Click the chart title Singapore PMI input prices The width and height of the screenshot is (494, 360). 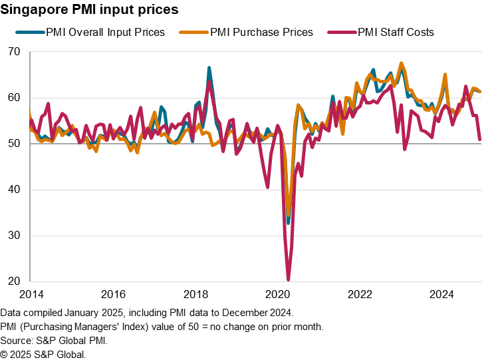[x=89, y=10]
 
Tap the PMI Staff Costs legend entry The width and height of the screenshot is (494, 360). [x=396, y=32]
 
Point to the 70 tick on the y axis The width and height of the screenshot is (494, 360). [x=15, y=52]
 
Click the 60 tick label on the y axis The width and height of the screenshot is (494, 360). [x=15, y=98]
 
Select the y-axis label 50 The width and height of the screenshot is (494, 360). [x=15, y=144]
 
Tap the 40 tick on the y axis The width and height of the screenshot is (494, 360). [x=15, y=190]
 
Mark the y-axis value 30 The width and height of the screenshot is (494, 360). [x=15, y=236]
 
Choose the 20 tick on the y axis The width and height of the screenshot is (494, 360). [x=15, y=281]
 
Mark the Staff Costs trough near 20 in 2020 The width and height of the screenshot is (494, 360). [x=289, y=279]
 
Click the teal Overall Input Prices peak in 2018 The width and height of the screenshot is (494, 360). [x=209, y=68]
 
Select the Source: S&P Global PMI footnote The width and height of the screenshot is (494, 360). [x=54, y=340]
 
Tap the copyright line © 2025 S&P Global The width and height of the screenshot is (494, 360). [x=43, y=354]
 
